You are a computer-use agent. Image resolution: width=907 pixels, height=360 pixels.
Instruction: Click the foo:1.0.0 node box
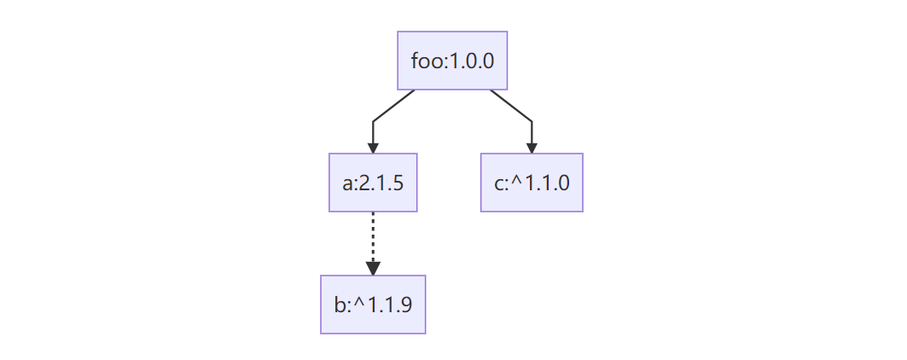tap(452, 61)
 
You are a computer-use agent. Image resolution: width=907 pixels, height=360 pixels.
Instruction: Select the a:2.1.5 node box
tap(373, 183)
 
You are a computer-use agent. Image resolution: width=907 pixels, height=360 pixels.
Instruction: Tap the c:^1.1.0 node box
tap(532, 183)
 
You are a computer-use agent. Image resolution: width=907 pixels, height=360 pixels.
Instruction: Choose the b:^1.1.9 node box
tap(373, 305)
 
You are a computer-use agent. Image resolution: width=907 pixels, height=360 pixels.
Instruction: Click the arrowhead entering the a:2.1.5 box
tap(373, 148)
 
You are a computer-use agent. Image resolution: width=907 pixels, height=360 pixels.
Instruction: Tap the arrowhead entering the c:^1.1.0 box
tap(532, 148)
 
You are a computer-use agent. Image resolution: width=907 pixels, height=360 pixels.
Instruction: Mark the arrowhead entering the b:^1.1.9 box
tap(373, 269)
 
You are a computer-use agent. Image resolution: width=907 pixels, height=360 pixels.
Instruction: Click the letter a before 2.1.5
tap(348, 184)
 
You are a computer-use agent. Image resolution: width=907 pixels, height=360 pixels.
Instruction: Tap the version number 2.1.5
tap(381, 183)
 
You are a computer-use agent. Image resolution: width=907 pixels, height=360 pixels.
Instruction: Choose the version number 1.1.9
tap(391, 305)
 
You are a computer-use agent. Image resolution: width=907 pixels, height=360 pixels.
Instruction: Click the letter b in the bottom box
tap(340, 304)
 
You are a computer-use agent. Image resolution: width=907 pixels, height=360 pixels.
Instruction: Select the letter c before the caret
tap(499, 184)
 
